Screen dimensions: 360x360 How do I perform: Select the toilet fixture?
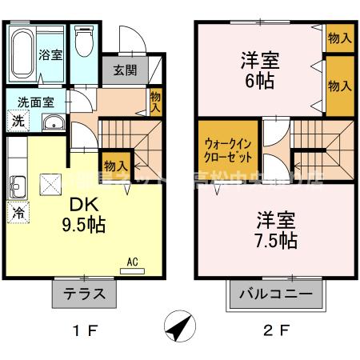pos(82,43)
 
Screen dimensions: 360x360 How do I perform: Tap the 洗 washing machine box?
pos(17,122)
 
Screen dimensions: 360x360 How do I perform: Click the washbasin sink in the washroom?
pos(53,122)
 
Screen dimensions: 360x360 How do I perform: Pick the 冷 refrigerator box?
pos(17,213)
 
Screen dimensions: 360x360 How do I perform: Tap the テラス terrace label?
pos(85,293)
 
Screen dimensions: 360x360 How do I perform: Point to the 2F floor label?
pos(275,330)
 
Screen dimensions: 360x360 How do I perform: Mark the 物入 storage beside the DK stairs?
pos(115,165)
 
